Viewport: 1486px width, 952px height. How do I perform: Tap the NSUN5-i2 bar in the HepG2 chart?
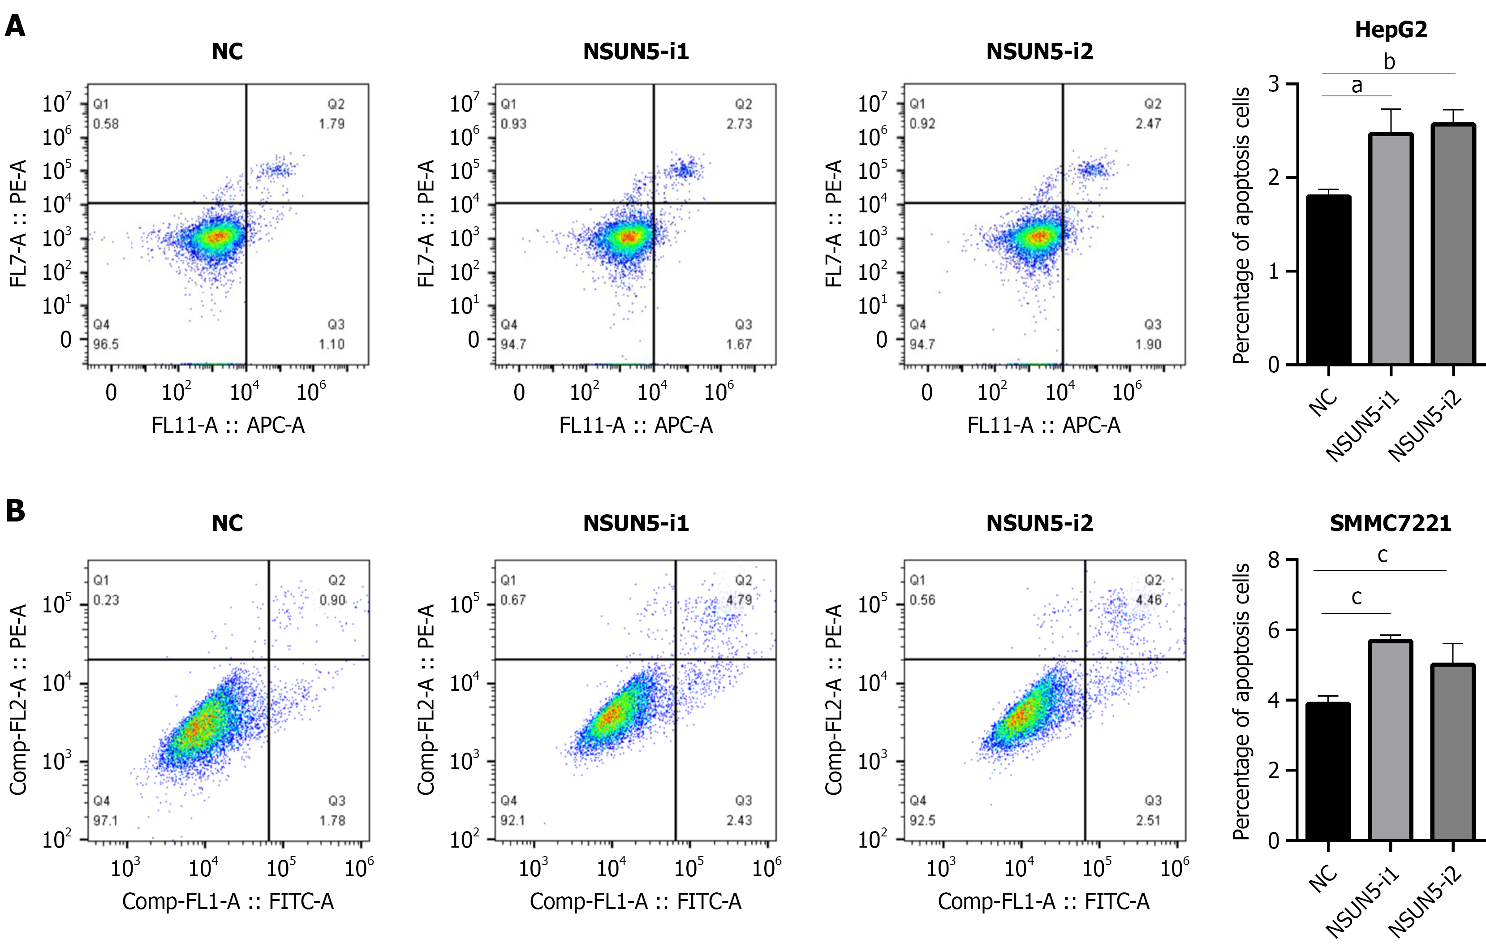click(x=1453, y=244)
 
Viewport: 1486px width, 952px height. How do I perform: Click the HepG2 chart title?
click(x=1391, y=30)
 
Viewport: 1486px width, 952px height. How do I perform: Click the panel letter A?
click(x=15, y=26)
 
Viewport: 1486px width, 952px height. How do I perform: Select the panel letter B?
click(x=15, y=511)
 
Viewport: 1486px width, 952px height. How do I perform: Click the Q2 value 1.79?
click(x=332, y=124)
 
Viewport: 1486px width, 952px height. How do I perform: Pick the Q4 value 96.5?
click(x=106, y=345)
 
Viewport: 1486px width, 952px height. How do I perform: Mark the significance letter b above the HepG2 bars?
click(x=1389, y=62)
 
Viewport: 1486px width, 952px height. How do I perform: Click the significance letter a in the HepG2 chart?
click(x=1357, y=85)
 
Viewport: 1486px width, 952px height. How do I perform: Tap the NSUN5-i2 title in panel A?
click(x=1040, y=52)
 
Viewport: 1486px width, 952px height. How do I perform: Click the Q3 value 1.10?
click(x=332, y=345)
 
